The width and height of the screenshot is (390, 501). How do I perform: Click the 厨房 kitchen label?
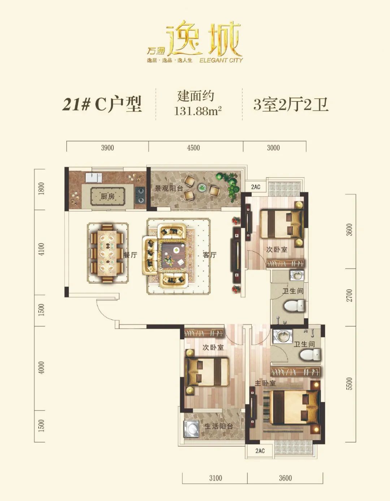click(107, 196)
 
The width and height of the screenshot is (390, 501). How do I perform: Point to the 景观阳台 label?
click(169, 188)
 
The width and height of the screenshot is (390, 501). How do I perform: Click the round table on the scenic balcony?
click(202, 188)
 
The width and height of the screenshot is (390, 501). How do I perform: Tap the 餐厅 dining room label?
click(130, 255)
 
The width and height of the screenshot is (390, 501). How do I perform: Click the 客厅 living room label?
click(210, 255)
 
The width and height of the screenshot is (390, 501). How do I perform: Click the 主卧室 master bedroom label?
click(265, 383)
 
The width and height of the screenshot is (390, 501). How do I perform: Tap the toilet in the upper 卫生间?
click(294, 306)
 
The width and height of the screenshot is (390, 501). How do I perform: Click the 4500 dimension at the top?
click(193, 148)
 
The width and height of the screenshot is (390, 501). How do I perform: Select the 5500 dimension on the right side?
click(350, 383)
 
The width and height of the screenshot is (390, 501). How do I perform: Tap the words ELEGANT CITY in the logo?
click(221, 60)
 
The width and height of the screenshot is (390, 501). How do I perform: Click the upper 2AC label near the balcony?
click(256, 187)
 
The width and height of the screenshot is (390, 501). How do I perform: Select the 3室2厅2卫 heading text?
click(291, 105)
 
